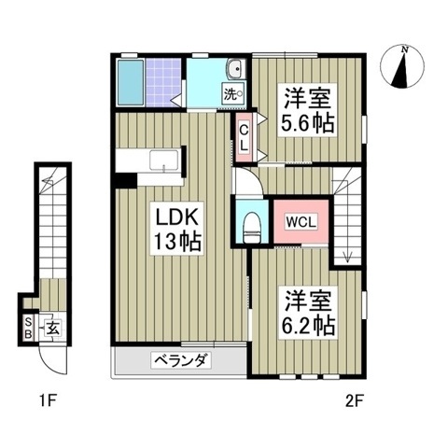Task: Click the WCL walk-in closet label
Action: pyautogui.click(x=300, y=222)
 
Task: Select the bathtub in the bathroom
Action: pyautogui.click(x=133, y=83)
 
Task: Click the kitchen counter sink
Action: pyautogui.click(x=164, y=161)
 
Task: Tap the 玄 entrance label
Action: pyautogui.click(x=53, y=328)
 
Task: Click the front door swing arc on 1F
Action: pyautogui.click(x=50, y=359)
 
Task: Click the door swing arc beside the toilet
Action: pyautogui.click(x=244, y=185)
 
